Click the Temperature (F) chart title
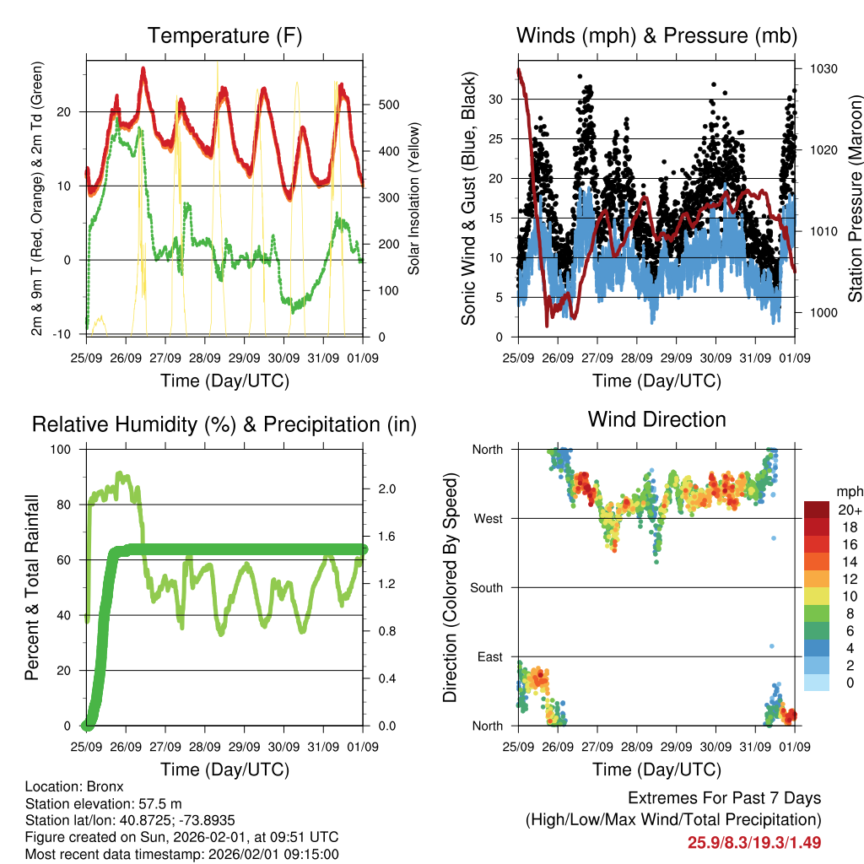pyautogui.click(x=224, y=35)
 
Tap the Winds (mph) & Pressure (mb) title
pyautogui.click(x=656, y=35)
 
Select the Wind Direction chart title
pyautogui.click(x=656, y=419)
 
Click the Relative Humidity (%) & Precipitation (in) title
pyautogui.click(x=224, y=424)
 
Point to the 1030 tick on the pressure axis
pyautogui.click(x=823, y=68)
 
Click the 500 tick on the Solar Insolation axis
pyautogui.click(x=387, y=105)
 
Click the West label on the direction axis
pyautogui.click(x=488, y=519)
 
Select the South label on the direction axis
pyautogui.click(x=486, y=588)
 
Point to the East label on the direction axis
pyautogui.click(x=489, y=657)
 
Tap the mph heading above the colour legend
pyautogui.click(x=848, y=491)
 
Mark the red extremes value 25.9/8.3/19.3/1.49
pyautogui.click(x=754, y=842)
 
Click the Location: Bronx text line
pyautogui.click(x=74, y=786)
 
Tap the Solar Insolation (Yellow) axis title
pyautogui.click(x=414, y=198)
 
